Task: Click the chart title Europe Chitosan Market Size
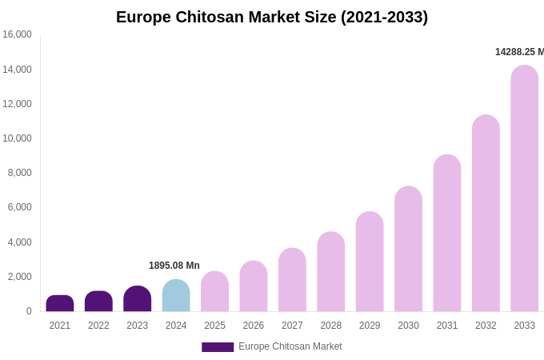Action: pyautogui.click(x=272, y=17)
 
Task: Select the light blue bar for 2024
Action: pyautogui.click(x=176, y=296)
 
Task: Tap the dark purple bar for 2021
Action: pyautogui.click(x=60, y=303)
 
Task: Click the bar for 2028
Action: pyautogui.click(x=331, y=272)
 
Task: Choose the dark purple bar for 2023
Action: pyautogui.click(x=138, y=299)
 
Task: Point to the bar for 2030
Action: pyautogui.click(x=408, y=249)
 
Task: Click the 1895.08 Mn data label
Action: pyautogui.click(x=174, y=266)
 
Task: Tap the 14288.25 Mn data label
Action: pyautogui.click(x=518, y=52)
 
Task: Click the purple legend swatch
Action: pyautogui.click(x=218, y=347)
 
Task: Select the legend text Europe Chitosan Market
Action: pyautogui.click(x=290, y=346)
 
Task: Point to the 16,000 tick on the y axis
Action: pyautogui.click(x=17, y=34)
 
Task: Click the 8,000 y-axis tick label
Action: pyautogui.click(x=19, y=173)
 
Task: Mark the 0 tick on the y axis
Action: pyautogui.click(x=29, y=311)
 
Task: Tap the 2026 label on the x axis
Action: pyautogui.click(x=254, y=326)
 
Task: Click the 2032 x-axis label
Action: pyautogui.click(x=486, y=326)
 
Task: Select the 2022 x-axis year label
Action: pyautogui.click(x=98, y=326)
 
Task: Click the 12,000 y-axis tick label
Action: pyautogui.click(x=17, y=104)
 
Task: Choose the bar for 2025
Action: pyautogui.click(x=214, y=292)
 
